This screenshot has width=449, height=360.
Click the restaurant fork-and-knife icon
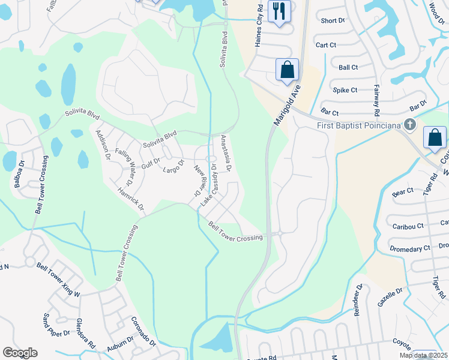[279, 11]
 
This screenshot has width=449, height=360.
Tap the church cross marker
[410, 125]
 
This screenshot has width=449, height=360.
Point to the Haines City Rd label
[259, 26]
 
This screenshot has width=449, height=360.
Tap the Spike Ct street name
[345, 90]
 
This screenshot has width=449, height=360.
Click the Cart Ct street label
[326, 45]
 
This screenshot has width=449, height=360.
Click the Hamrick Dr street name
[132, 199]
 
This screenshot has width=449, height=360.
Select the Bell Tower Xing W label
[58, 280]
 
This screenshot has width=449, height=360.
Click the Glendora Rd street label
[85, 334]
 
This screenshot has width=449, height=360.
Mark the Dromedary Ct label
[411, 248]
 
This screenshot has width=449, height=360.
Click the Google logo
[20, 353]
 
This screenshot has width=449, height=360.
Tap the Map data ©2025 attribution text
[423, 355]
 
